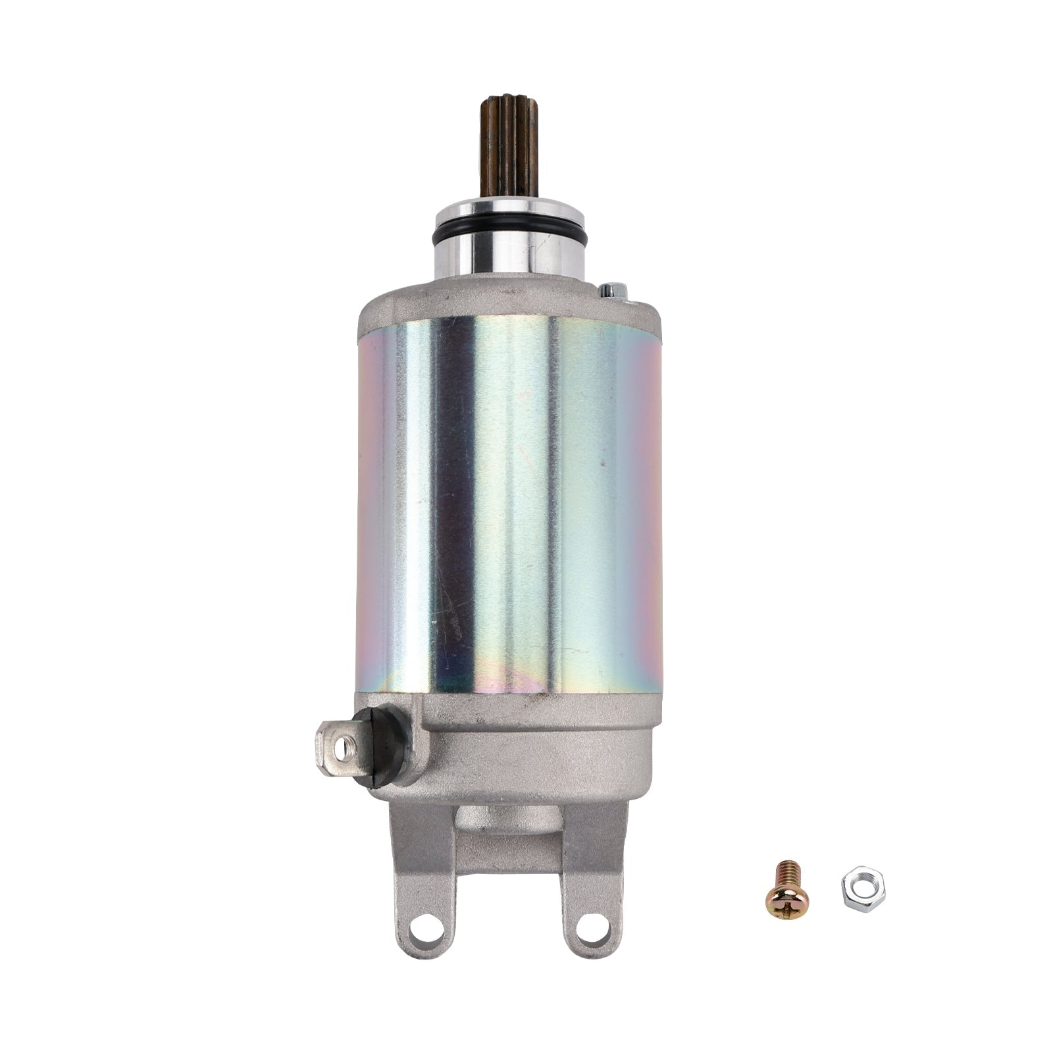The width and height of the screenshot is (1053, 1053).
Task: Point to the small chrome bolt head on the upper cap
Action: pyautogui.click(x=611, y=292)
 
